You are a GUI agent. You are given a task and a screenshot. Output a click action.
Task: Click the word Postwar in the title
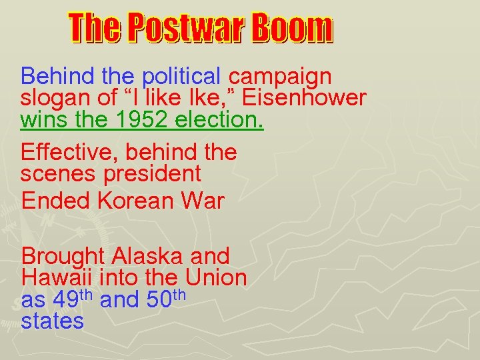(187, 29)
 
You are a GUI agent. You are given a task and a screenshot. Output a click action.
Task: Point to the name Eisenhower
(304, 99)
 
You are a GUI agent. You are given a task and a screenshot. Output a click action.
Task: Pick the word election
(226, 121)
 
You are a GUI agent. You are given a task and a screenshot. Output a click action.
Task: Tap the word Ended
(51, 201)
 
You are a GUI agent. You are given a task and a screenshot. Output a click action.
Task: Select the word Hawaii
(54, 277)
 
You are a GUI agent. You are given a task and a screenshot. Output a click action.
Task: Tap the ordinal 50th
(164, 299)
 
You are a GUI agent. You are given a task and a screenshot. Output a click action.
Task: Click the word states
(53, 321)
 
